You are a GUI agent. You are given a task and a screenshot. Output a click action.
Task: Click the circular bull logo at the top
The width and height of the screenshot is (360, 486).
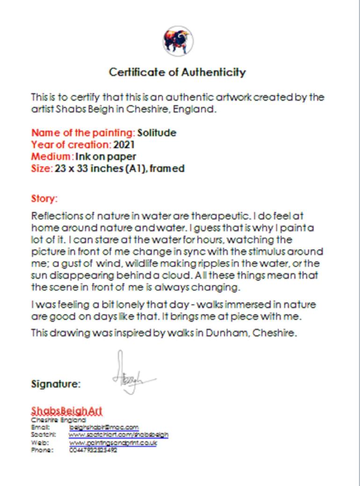click(x=178, y=41)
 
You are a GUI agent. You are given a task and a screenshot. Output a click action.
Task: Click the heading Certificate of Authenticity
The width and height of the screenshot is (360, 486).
click(x=177, y=73)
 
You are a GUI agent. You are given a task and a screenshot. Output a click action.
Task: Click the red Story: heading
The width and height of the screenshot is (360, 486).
click(x=44, y=199)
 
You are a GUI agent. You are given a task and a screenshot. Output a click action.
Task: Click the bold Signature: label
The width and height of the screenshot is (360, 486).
click(x=56, y=384)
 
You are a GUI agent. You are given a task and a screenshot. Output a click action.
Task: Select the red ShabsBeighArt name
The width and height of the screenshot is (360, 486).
click(x=66, y=411)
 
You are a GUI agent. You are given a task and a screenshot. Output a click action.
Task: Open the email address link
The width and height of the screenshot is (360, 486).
click(x=104, y=428)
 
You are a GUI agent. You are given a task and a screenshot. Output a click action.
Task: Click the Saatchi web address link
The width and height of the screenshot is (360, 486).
click(x=118, y=435)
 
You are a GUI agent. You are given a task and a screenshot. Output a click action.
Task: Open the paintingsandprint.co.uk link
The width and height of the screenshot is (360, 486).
click(x=113, y=442)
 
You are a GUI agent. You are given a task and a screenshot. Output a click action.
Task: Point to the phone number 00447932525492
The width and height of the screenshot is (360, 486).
click(x=93, y=450)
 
